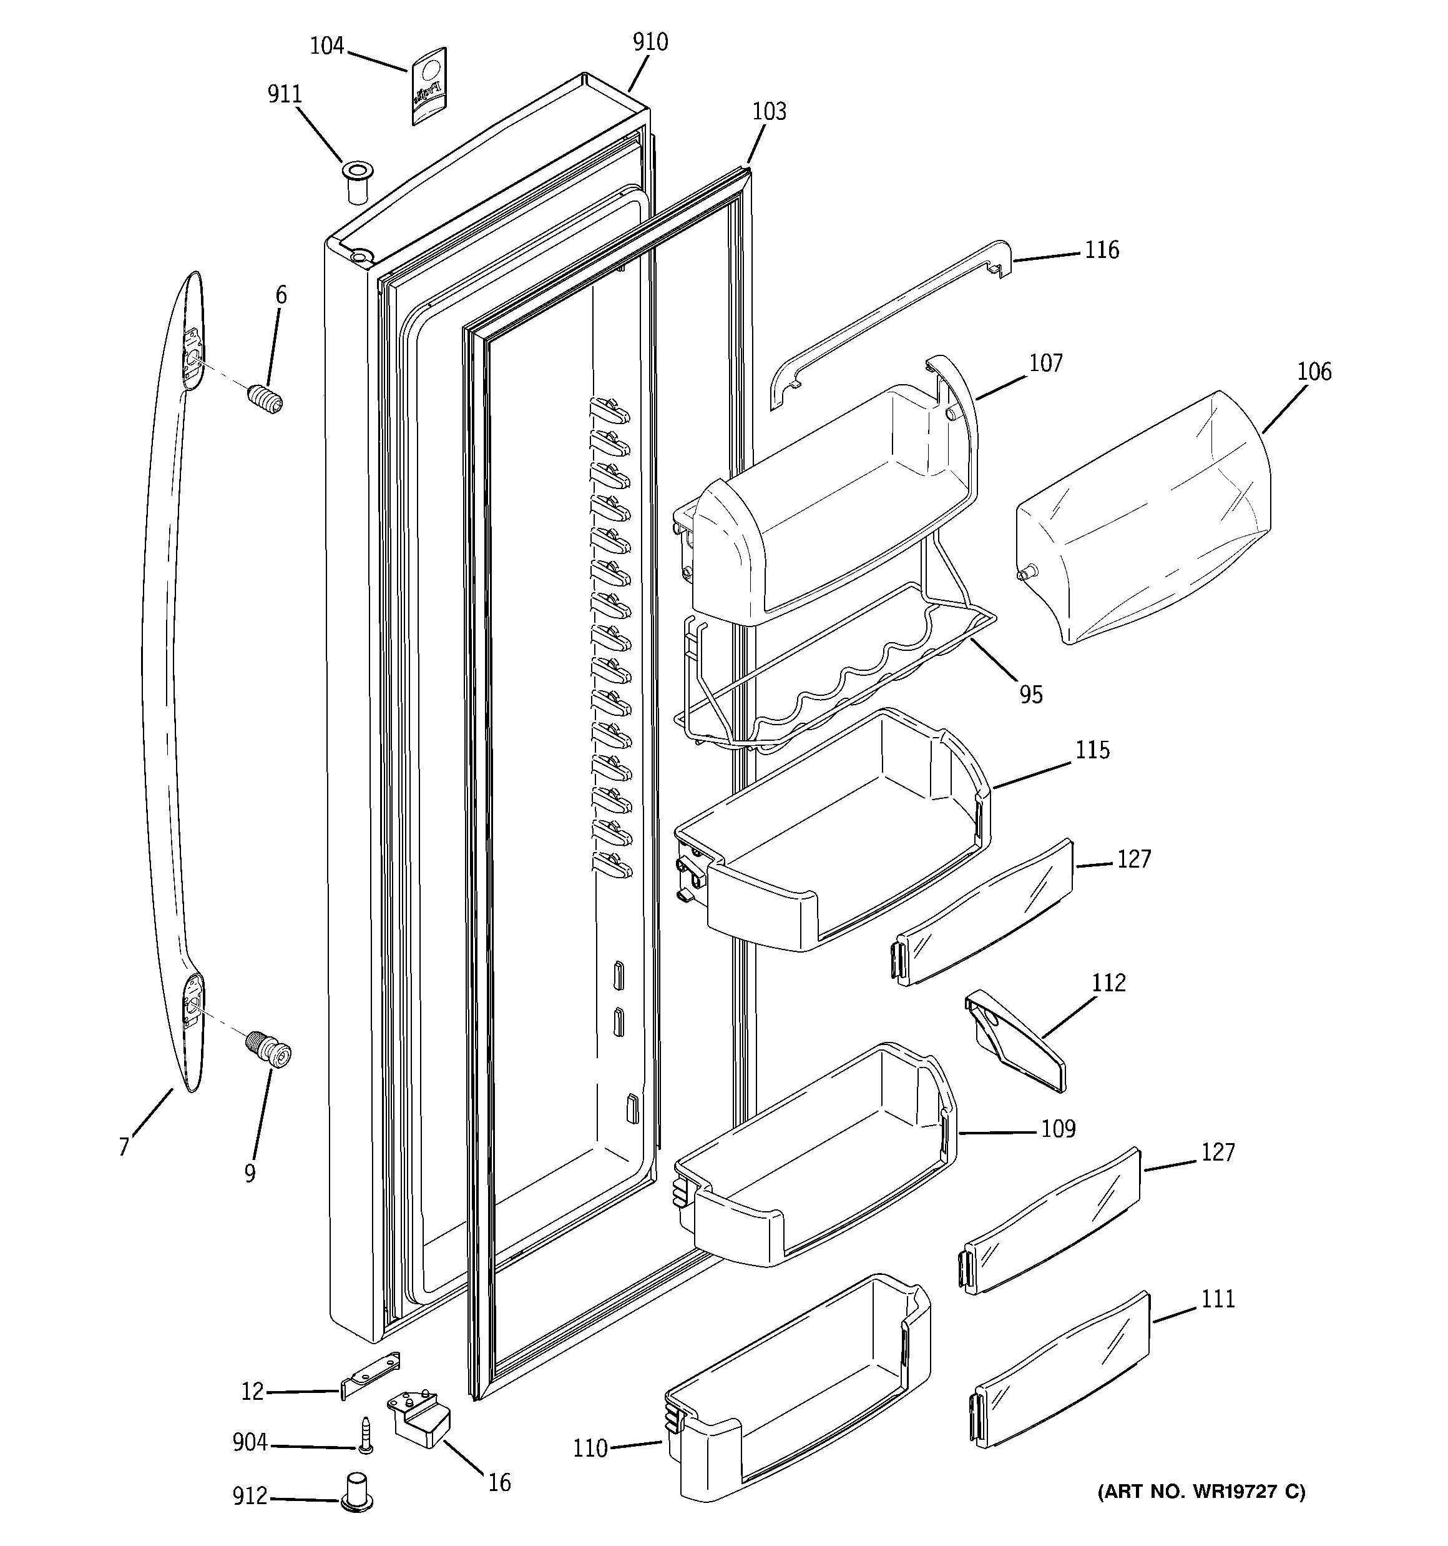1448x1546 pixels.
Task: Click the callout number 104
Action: (x=326, y=47)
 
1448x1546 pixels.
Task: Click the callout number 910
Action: (x=650, y=42)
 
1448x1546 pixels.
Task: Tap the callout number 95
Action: (x=1030, y=695)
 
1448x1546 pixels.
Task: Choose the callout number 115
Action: (x=1093, y=750)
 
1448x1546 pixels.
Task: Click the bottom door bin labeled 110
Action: (x=801, y=1392)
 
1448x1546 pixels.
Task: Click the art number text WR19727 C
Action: (x=1201, y=1492)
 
